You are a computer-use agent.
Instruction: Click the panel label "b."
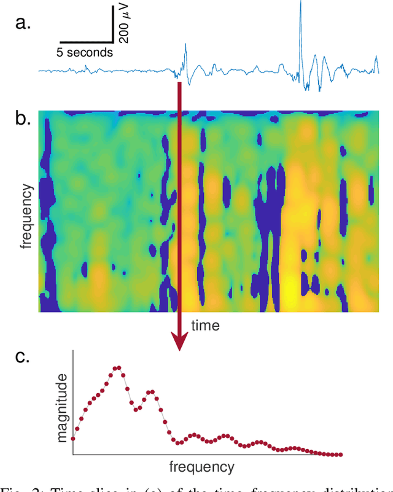click(23, 119)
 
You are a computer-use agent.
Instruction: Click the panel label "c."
click(23, 357)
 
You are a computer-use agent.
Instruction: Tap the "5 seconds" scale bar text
click(85, 53)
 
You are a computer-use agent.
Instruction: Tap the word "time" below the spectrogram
click(205, 325)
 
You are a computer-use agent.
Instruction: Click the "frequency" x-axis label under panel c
click(201, 466)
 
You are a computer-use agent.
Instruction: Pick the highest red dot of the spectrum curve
click(117, 368)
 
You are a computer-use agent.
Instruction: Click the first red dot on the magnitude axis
click(73, 439)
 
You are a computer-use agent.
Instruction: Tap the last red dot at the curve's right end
click(340, 455)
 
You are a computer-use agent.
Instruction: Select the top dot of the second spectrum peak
click(151, 391)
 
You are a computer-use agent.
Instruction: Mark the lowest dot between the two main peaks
click(136, 410)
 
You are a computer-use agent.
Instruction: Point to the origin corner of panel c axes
click(73, 455)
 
